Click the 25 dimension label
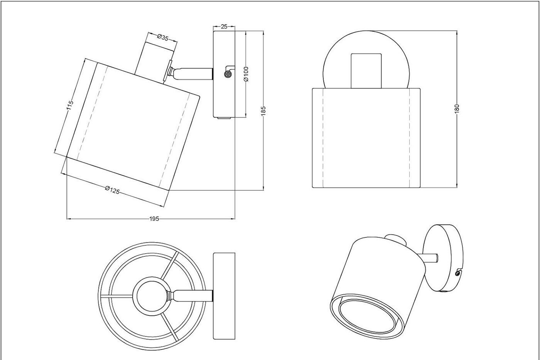tap(224, 27)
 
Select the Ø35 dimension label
tap(163, 38)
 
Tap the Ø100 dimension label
tap(246, 74)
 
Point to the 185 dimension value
tap(263, 111)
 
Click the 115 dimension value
tap(70, 105)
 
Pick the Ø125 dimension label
tap(112, 190)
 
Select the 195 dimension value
tap(154, 219)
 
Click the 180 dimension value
tap(457, 109)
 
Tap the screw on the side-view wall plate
tap(228, 73)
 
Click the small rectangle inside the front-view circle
tap(366, 71)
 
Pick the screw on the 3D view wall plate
tap(457, 273)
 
